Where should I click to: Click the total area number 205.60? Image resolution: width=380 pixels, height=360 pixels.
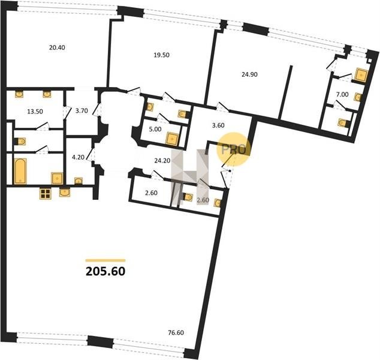click(105, 271)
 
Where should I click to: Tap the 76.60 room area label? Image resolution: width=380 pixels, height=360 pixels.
click(176, 332)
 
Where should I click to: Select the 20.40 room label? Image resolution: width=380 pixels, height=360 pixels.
click(57, 47)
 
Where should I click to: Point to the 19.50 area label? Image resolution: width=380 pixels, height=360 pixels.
click(162, 55)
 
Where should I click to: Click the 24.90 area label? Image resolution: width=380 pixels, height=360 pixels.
click(249, 74)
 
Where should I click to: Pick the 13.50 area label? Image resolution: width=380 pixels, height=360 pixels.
click(35, 112)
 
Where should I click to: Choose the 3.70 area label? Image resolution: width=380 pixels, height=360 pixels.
click(82, 111)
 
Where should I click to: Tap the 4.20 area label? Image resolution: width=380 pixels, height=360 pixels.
click(79, 157)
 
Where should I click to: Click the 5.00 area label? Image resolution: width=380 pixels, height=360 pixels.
click(155, 129)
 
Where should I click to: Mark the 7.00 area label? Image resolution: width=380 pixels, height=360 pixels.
click(342, 94)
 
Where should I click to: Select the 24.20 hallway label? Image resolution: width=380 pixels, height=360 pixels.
click(162, 160)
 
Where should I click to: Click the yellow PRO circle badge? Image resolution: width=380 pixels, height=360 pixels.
click(233, 149)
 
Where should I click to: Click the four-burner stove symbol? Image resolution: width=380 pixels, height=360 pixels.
click(46, 194)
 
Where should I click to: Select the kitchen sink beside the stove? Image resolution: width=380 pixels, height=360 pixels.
click(65, 193)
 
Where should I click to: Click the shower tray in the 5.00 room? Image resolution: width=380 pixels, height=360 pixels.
click(172, 139)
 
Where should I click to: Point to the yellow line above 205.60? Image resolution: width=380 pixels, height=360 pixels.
click(105, 260)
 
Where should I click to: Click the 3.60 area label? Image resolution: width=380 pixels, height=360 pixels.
click(218, 125)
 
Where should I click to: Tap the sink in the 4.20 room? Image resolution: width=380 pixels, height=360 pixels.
click(79, 181)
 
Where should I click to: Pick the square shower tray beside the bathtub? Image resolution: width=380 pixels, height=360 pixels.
click(57, 178)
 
